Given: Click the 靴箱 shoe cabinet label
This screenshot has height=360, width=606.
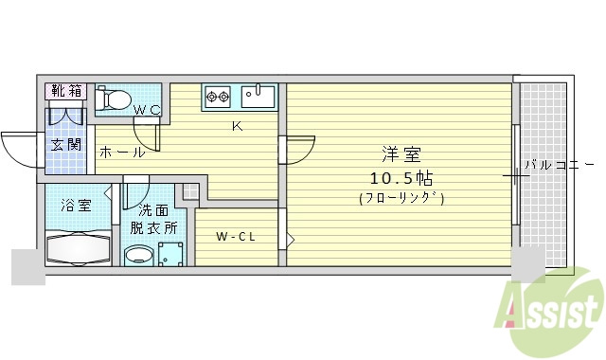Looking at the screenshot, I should [x=66, y=91].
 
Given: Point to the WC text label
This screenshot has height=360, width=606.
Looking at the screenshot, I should [x=147, y=111].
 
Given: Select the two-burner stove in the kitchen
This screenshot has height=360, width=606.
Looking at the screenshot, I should [x=218, y=96].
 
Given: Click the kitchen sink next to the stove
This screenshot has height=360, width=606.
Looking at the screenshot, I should [x=257, y=96].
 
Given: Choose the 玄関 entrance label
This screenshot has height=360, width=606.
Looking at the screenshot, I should [x=66, y=145].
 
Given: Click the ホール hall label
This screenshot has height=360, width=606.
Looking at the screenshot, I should [x=121, y=152].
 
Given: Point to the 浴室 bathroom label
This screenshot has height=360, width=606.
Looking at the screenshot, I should [x=75, y=203].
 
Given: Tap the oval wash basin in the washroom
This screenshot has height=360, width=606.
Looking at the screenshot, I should [x=139, y=254].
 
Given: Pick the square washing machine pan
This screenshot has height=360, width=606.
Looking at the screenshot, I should [x=171, y=254].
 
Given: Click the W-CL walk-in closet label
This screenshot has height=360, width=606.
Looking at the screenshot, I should [x=234, y=236].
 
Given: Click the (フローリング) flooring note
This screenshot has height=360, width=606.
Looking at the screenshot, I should [x=401, y=198].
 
